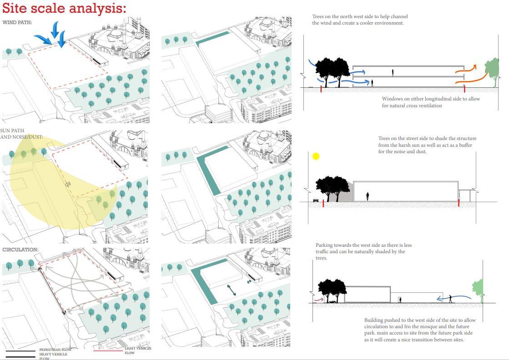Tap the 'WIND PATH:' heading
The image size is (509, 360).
click(17, 22)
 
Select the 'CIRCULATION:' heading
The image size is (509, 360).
click(20, 250)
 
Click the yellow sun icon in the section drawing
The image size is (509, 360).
click(316, 156)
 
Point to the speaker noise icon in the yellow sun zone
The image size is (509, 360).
click(68, 184)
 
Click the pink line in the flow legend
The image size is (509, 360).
click(108, 350)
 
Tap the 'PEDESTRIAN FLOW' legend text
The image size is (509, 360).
click(55, 350)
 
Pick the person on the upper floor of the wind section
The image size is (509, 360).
click(393, 72)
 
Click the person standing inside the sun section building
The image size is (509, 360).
click(368, 196)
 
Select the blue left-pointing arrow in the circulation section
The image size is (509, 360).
click(450, 299)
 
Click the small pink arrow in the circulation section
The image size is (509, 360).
click(318, 300)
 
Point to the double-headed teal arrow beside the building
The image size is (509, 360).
click(232, 290)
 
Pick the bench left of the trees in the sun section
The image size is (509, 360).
click(316, 200)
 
